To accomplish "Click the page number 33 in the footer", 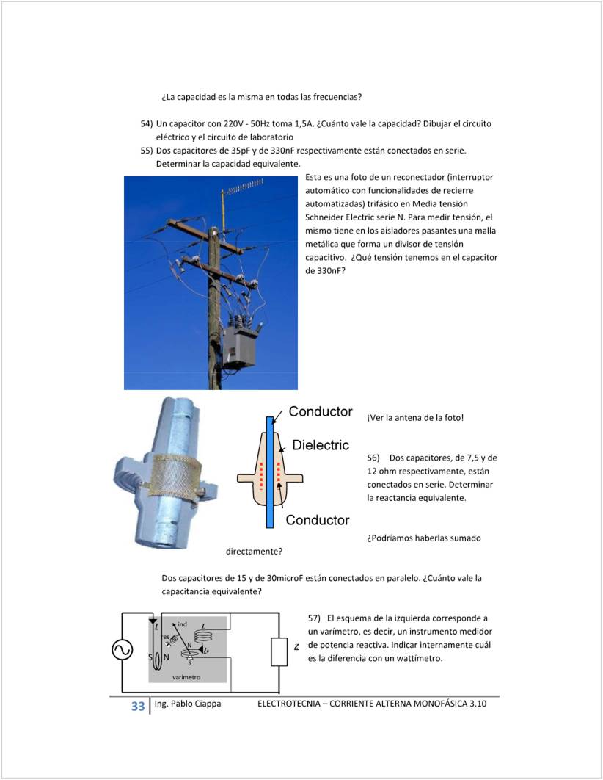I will (x=137, y=707).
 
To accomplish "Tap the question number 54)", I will (x=147, y=123).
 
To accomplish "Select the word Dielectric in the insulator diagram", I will (x=321, y=445).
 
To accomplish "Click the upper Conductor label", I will (x=321, y=411).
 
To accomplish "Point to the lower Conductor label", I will (x=318, y=520).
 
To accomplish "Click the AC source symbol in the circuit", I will (x=122, y=650).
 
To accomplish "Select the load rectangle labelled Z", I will (x=279, y=650).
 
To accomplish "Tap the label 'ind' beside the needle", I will (x=182, y=624).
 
